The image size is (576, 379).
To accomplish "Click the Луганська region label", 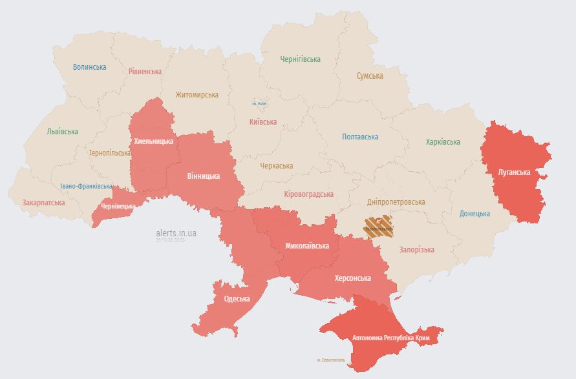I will (x=514, y=172).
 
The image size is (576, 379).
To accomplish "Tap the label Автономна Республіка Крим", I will (x=391, y=338).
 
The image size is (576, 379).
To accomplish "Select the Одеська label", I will (x=237, y=298).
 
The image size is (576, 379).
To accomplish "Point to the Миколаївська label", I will (x=307, y=246).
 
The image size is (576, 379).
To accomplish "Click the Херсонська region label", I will (x=352, y=278).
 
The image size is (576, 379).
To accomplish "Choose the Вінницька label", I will (x=204, y=176).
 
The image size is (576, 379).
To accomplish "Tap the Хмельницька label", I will (x=153, y=141).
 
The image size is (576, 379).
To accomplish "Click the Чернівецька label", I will (x=118, y=207).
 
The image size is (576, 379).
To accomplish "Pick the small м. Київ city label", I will (x=259, y=104).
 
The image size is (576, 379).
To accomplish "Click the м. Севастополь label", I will (x=331, y=360).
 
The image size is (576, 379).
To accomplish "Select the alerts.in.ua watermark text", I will (x=176, y=232).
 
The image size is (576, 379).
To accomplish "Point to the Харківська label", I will (x=443, y=142).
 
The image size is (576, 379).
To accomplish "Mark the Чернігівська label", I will (x=300, y=59).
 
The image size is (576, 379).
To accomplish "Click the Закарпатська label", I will (x=43, y=203).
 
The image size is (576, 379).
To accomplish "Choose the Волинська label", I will (x=89, y=67).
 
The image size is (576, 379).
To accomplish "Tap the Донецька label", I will (x=475, y=214).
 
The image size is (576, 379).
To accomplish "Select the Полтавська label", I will (x=360, y=137).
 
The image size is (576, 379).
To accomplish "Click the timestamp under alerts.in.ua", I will (x=170, y=240).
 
